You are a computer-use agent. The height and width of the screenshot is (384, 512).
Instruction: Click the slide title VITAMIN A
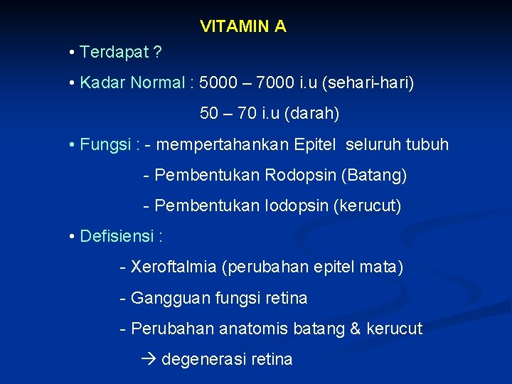pos(243,27)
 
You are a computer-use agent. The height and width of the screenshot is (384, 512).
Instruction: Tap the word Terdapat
pos(114,53)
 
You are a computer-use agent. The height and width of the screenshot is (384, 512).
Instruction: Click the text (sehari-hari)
pos(368,83)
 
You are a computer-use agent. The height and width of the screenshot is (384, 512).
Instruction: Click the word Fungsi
pos(105,145)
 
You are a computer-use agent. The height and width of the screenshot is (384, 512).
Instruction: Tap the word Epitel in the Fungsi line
pos(316,145)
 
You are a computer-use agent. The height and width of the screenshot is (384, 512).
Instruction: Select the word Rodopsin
pos(301,176)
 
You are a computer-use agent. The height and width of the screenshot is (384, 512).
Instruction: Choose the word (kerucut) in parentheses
pos(369,206)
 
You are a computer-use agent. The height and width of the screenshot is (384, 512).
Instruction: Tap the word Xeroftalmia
pos(174,268)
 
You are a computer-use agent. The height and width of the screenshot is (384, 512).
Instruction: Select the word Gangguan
pos(170,299)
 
